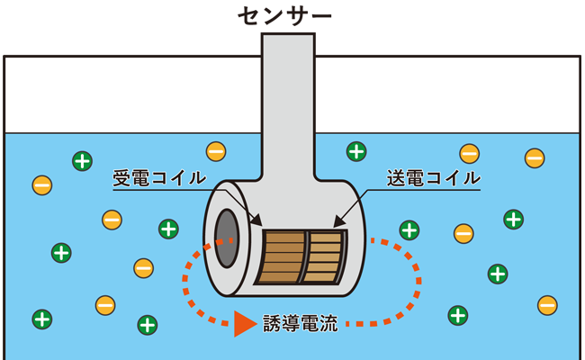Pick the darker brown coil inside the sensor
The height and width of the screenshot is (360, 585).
[x=281, y=256]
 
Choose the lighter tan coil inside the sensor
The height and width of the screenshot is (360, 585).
[x=326, y=256]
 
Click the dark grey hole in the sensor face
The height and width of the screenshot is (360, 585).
[x=227, y=238]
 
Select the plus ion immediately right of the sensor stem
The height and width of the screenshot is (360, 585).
[x=357, y=151]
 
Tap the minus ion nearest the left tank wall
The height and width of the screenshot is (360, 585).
[x=42, y=186]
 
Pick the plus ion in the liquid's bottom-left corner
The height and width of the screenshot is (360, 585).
[x=42, y=319]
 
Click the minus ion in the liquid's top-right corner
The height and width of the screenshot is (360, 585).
[x=534, y=158]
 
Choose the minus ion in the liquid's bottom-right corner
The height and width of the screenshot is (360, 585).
[x=546, y=305]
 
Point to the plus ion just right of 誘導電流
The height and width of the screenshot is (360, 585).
[x=458, y=315]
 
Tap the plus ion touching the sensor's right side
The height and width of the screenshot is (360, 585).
[x=409, y=229]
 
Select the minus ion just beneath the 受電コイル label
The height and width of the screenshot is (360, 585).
[x=112, y=219]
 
